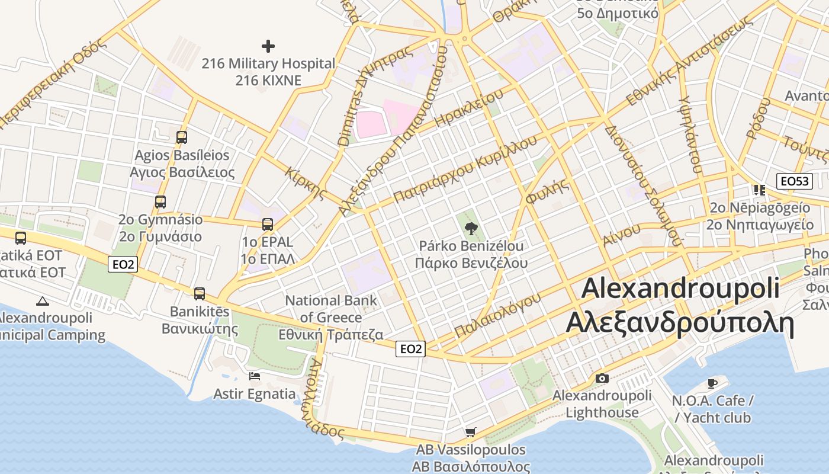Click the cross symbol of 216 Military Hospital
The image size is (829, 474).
pyautogui.click(x=268, y=46)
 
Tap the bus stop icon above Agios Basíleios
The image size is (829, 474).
pyautogui.click(x=182, y=137)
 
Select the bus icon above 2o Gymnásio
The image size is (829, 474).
pyautogui.click(x=160, y=201)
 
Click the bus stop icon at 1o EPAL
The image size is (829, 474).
pyautogui.click(x=268, y=224)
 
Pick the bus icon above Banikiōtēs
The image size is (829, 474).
pyautogui.click(x=200, y=293)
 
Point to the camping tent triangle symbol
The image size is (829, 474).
pyautogui.click(x=42, y=300)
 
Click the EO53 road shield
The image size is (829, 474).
pyautogui.click(x=795, y=181)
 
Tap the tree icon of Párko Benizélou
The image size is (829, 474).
pyautogui.click(x=471, y=228)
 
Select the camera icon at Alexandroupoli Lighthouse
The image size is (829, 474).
pyautogui.click(x=602, y=378)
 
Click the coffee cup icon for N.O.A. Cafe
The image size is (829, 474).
pyautogui.click(x=712, y=383)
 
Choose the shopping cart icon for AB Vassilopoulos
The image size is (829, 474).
pyautogui.click(x=471, y=432)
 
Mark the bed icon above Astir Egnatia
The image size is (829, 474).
pyautogui.click(x=255, y=376)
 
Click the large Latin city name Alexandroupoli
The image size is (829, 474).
pyautogui.click(x=680, y=289)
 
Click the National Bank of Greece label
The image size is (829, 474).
pyautogui.click(x=331, y=309)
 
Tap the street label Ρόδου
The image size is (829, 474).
pyautogui.click(x=758, y=118)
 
